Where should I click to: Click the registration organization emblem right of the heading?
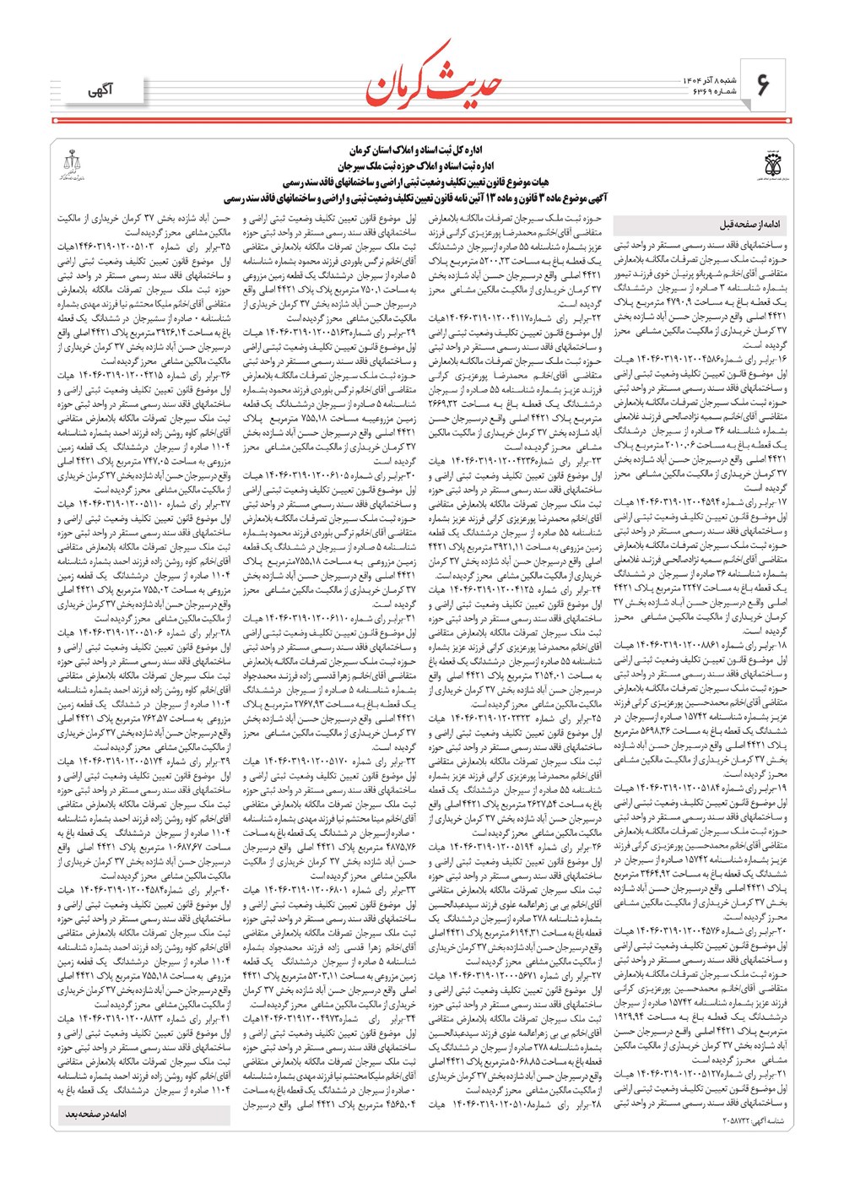[772, 163]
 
